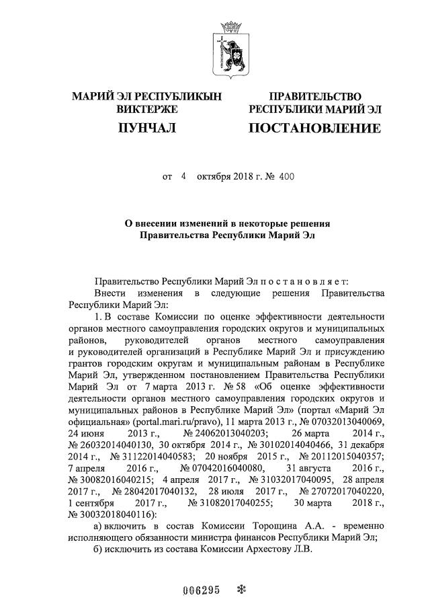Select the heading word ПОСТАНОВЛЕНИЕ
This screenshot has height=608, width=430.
coord(314,126)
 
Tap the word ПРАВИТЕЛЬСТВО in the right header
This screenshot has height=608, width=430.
coord(315,97)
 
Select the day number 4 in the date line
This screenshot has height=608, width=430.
coord(182,177)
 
